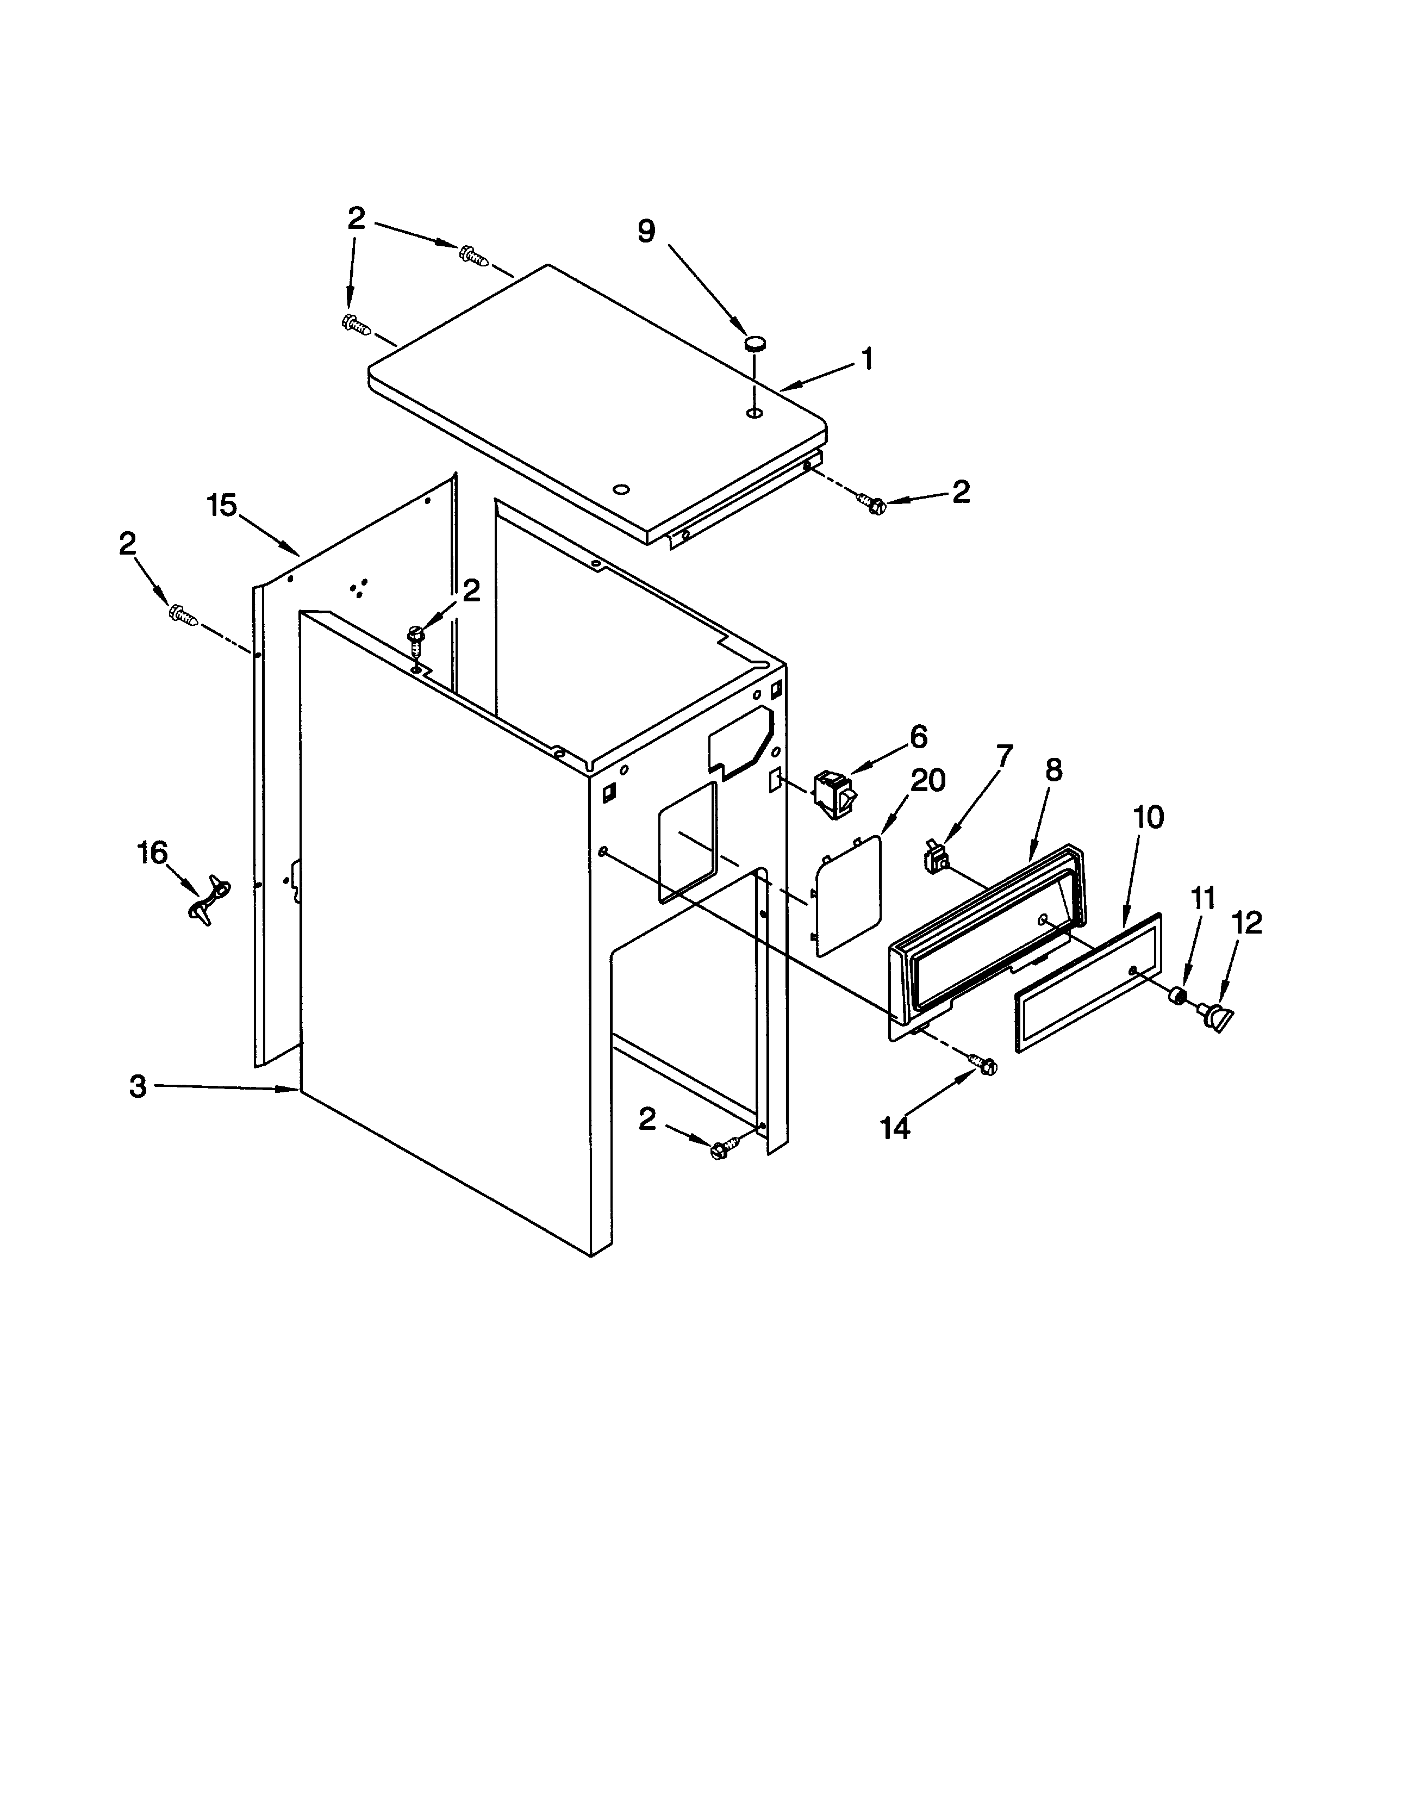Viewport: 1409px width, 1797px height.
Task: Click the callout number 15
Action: [221, 505]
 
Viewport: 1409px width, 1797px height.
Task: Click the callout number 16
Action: [152, 853]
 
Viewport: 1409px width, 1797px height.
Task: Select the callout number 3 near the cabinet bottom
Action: [138, 1086]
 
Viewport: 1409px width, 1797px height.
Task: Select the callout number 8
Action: [1053, 770]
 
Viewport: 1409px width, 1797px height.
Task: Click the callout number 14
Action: [895, 1127]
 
